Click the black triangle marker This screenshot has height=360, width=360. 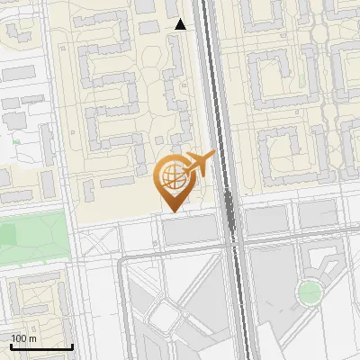tap(181, 24)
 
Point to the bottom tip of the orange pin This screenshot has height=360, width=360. tap(172, 210)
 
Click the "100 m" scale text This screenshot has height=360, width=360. tap(24, 338)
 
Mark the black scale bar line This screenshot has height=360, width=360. tap(41, 346)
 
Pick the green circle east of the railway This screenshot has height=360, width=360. tap(310, 292)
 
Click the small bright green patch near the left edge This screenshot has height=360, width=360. tap(15, 141)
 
